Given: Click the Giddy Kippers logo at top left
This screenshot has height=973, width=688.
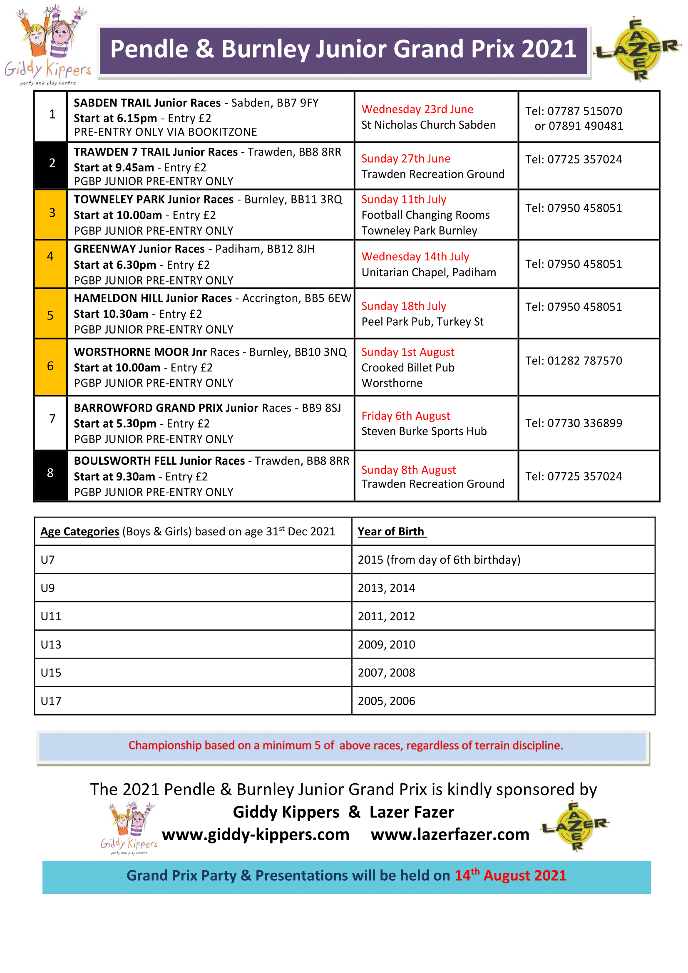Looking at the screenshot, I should coord(47,45).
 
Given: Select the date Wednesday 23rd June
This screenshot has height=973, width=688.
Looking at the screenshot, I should coord(417,109).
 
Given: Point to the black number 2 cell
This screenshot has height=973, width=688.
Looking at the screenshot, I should coord(51,163).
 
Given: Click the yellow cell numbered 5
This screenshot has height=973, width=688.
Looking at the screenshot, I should coord(50,315).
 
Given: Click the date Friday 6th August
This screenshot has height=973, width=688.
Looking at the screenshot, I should coord(406,416).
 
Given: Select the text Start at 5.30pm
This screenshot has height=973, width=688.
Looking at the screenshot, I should coord(115,423).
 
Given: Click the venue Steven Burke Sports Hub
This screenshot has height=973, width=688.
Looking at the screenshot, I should coord(424,431).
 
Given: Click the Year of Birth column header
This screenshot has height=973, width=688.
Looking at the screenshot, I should coord(391,531).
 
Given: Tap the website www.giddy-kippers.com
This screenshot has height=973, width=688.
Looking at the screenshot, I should coord(256,834).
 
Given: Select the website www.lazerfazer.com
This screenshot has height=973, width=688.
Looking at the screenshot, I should coord(450,834).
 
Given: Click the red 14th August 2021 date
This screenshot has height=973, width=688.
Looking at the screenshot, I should coord(510,875).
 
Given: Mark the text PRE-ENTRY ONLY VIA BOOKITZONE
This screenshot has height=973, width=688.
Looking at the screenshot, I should coord(165,132).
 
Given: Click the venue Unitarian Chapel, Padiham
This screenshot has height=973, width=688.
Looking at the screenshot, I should coord(429,272).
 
